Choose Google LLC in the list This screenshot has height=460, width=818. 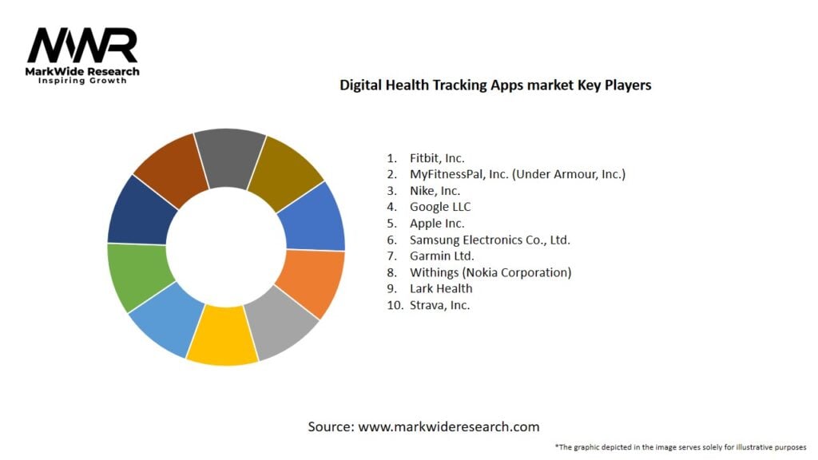[x=440, y=207]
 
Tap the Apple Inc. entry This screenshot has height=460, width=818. [x=437, y=224]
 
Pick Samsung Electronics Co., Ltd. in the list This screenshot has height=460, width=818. [x=490, y=240]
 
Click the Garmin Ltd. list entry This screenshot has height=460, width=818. [x=442, y=256]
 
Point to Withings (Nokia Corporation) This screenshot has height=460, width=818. [x=490, y=272]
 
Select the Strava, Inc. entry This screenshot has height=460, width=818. [x=439, y=304]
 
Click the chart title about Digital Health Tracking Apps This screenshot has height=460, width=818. [x=495, y=84]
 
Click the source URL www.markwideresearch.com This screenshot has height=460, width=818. [x=448, y=426]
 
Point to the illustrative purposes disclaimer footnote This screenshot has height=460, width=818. [x=680, y=447]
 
